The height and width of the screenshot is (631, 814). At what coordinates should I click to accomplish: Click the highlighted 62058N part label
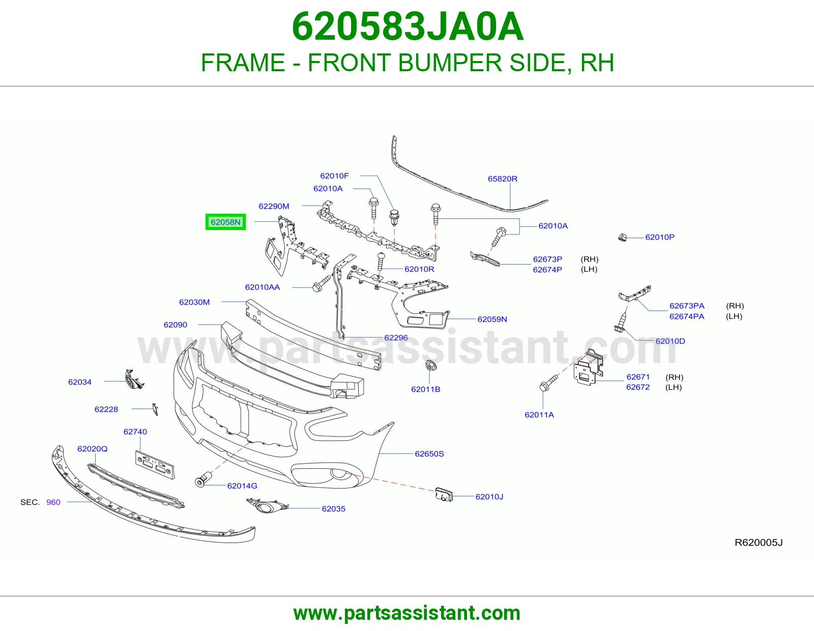(225, 222)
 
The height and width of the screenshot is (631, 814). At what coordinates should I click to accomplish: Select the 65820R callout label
(502, 179)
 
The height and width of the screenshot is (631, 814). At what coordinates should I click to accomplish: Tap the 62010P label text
(660, 237)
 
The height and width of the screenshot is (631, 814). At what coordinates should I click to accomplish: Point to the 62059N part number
(492, 319)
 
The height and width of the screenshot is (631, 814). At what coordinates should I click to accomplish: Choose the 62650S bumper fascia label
(429, 454)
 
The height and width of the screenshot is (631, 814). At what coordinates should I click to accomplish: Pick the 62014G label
(242, 486)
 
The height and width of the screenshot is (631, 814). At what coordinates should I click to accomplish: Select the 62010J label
(489, 497)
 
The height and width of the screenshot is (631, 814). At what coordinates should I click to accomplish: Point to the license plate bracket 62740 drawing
(155, 465)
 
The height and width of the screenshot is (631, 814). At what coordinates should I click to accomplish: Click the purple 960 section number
(53, 502)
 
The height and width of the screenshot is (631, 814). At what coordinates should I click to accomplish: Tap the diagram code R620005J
(759, 542)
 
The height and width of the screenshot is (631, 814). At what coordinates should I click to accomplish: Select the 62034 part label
(79, 382)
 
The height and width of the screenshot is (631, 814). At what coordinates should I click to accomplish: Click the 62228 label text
(106, 410)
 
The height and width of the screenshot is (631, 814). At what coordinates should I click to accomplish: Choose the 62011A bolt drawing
(548, 383)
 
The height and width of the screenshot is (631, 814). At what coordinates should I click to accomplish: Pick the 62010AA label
(262, 288)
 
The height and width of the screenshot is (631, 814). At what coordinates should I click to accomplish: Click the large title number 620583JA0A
(408, 26)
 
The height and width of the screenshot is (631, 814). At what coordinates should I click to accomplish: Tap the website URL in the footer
(407, 613)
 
